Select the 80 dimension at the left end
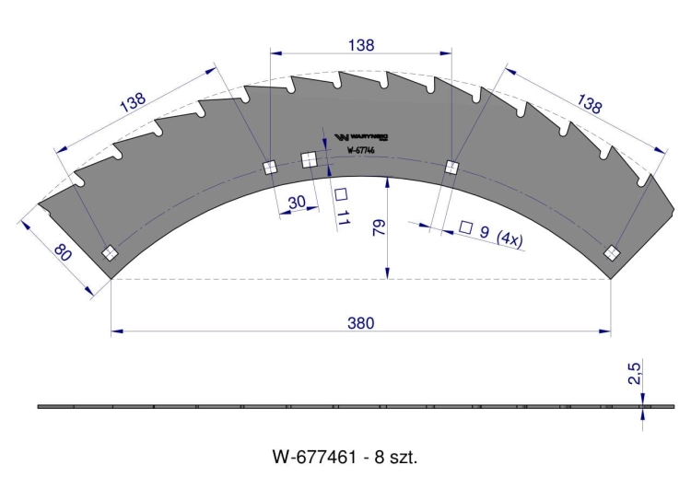62,252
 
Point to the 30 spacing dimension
296,201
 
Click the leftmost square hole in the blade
110,253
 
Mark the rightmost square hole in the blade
611,253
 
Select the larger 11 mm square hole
309,160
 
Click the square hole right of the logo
451,167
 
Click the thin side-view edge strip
341,406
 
